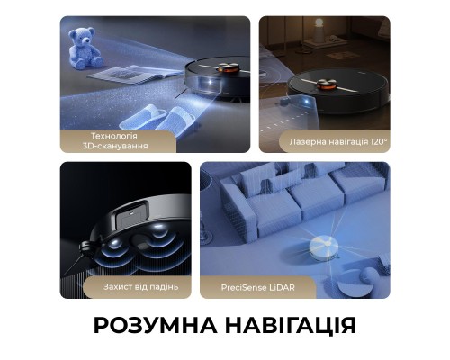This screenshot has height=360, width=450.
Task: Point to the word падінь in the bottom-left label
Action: click(x=163, y=286)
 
